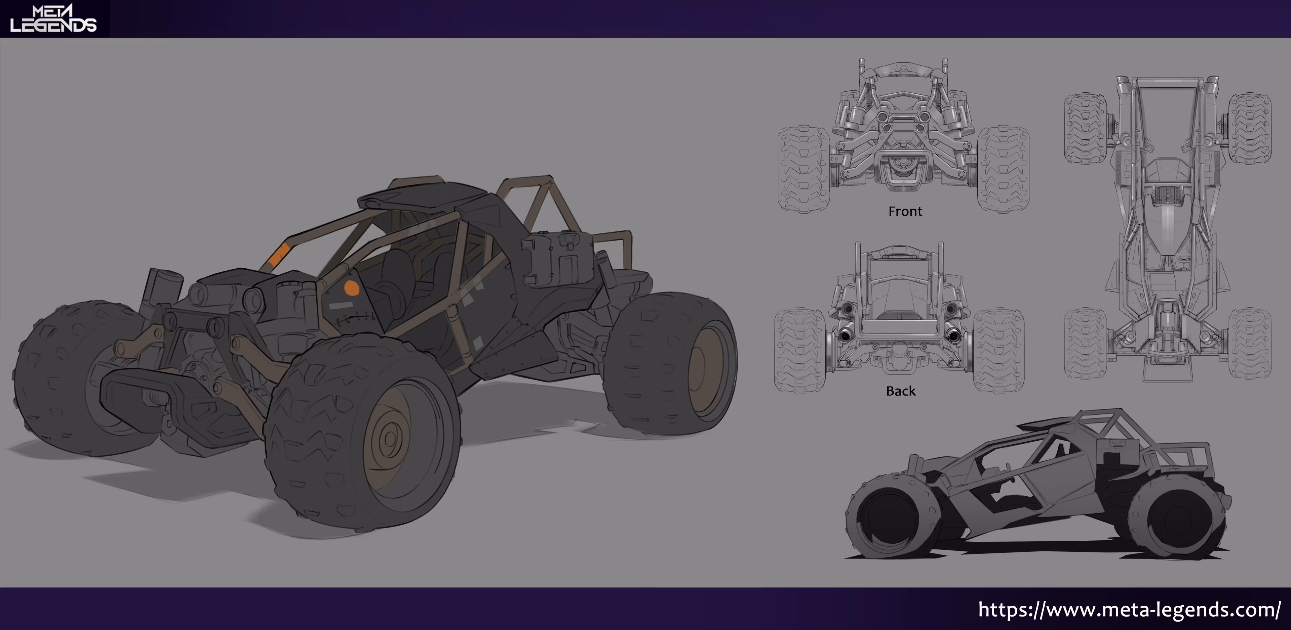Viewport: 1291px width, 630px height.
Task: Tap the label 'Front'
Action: tap(905, 211)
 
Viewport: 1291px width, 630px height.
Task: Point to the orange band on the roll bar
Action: tap(277, 256)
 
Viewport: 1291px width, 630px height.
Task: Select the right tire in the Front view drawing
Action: tap(1003, 169)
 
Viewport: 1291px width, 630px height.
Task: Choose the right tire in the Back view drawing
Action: tap(999, 351)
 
